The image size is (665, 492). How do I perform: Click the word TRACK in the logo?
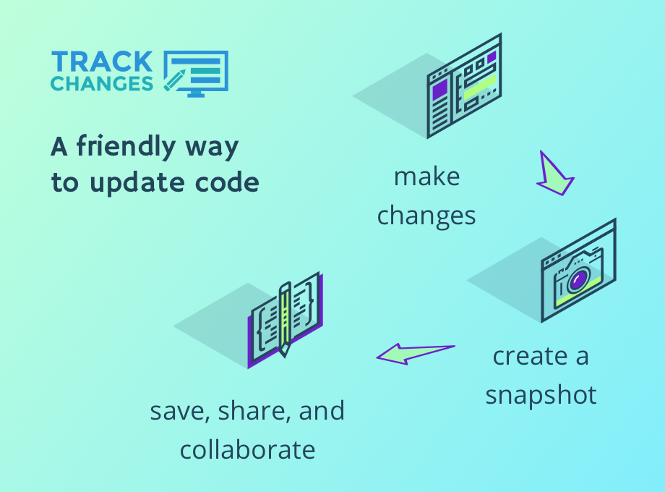click(102, 61)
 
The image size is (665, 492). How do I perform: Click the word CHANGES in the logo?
click(102, 84)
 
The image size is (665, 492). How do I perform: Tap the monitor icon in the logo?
click(197, 74)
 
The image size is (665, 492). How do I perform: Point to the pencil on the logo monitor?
click(174, 80)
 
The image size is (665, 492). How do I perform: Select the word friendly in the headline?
click(126, 147)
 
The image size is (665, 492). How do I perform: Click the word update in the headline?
click(137, 183)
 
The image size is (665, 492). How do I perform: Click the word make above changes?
click(426, 177)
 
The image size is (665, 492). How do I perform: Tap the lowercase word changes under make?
click(426, 216)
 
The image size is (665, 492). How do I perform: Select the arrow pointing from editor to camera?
click(554, 174)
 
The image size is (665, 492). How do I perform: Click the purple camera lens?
click(578, 279)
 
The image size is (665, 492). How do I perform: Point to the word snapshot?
click(541, 396)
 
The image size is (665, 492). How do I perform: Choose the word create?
click(530, 356)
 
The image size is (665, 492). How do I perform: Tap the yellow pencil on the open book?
click(285, 319)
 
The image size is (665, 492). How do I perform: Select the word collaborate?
click(248, 450)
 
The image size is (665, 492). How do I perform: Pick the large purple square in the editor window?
click(439, 90)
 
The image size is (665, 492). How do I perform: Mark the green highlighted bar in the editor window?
click(480, 88)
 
